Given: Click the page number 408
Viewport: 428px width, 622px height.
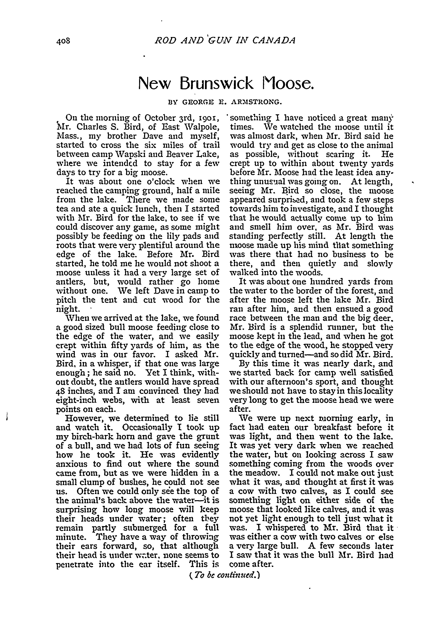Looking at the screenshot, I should [x=63, y=41].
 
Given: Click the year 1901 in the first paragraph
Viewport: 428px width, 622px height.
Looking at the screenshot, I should [x=209, y=118].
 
